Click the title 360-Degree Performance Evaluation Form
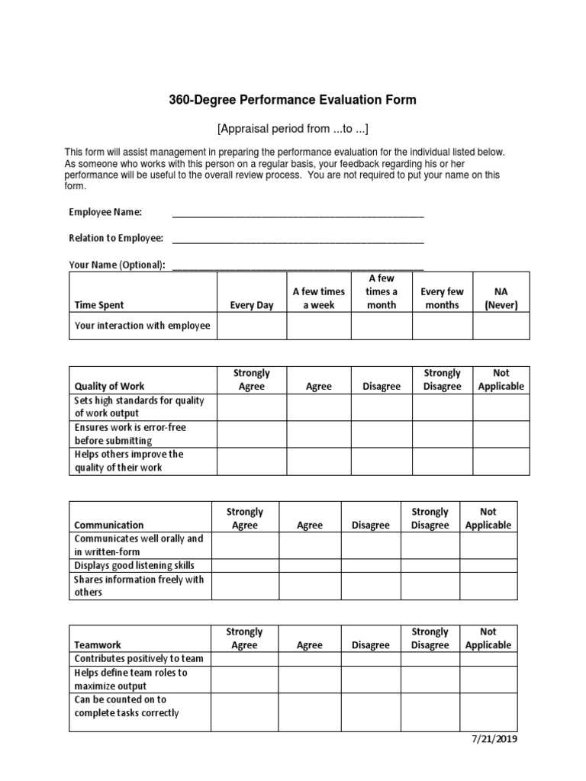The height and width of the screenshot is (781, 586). tap(292, 100)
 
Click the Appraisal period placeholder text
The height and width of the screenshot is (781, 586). tap(292, 127)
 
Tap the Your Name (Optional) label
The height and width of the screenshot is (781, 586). tap(117, 265)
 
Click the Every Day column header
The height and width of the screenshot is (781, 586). tap(252, 305)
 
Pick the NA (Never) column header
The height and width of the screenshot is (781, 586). tap(501, 298)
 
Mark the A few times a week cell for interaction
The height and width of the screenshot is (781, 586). tap(318, 326)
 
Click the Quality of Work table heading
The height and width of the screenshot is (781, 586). tap(109, 386)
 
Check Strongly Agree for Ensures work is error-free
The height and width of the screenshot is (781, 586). tap(252, 434)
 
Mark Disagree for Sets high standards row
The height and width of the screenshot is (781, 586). tap(382, 407)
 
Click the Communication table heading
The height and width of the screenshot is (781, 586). tap(108, 525)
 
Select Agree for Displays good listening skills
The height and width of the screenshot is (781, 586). tap(310, 565)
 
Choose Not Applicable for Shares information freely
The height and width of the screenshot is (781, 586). tap(488, 586)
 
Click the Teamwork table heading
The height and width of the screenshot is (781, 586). tap(97, 644)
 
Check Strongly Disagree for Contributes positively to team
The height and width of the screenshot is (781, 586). tap(430, 659)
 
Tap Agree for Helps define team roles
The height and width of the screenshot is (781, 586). tap(310, 679)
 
